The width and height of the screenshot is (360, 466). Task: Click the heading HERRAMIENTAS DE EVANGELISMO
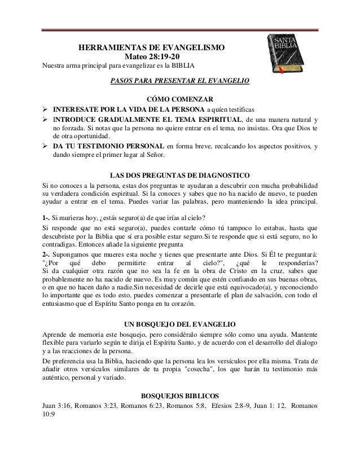(151, 49)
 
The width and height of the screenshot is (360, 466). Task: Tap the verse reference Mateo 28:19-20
(151, 58)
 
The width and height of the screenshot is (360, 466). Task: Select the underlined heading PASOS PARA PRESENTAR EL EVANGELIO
(179, 81)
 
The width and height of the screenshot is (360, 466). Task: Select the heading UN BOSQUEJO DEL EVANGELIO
(179, 324)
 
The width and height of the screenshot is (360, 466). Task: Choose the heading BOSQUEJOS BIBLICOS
(179, 394)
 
